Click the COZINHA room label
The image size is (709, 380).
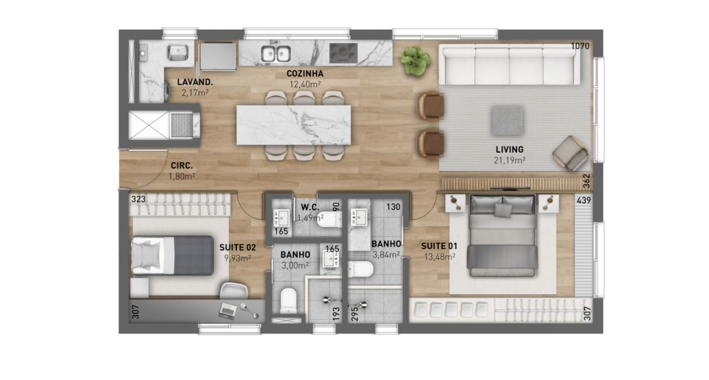pyautogui.click(x=305, y=73)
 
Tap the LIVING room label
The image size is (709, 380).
pyautogui.click(x=510, y=149)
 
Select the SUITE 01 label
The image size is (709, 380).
pyautogui.click(x=439, y=246)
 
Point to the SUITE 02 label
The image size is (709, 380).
pyautogui.click(x=237, y=248)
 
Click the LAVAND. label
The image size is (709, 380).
pyautogui.click(x=195, y=82)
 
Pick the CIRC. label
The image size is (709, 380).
pyautogui.click(x=182, y=166)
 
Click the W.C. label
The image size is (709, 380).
pyautogui.click(x=310, y=208)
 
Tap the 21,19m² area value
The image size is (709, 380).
pyautogui.click(x=510, y=160)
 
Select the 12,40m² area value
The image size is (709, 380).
pyautogui.click(x=305, y=84)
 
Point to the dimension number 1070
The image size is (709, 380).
pyautogui.click(x=580, y=46)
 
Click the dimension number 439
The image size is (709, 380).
pyautogui.click(x=584, y=200)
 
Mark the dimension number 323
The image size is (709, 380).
pyautogui.click(x=138, y=199)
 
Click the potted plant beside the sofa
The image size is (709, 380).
pyautogui.click(x=414, y=60)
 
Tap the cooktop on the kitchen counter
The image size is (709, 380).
pyautogui.click(x=343, y=53)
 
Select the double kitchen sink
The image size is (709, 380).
pyautogui.click(x=276, y=54)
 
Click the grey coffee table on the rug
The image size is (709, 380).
pyautogui.click(x=508, y=120)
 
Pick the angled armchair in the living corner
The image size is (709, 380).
pyautogui.click(x=571, y=154)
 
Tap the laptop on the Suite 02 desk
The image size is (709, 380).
pyautogui.click(x=227, y=310)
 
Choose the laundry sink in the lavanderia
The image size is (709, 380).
pyautogui.click(x=178, y=53)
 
